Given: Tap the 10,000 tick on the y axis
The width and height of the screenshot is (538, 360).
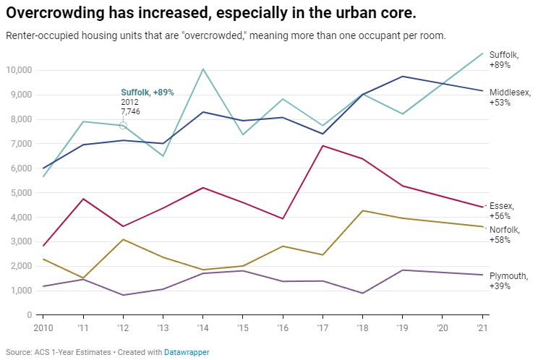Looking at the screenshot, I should (x=20, y=70).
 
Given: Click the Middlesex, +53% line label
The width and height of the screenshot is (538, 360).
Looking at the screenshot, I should (x=511, y=98).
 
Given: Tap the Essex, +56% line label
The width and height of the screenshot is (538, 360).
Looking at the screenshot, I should (x=503, y=210).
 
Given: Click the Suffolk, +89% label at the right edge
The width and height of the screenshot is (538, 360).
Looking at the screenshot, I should (x=504, y=59).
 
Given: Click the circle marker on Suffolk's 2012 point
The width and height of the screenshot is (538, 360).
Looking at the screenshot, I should (x=123, y=126).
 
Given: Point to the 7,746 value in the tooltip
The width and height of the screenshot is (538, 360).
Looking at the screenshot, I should (x=131, y=112).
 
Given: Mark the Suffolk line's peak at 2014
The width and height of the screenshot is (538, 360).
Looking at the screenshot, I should (x=203, y=69).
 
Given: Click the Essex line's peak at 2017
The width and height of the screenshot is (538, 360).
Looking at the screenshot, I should (x=323, y=146).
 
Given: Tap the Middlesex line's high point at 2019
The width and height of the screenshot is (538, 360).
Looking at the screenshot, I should (x=403, y=77).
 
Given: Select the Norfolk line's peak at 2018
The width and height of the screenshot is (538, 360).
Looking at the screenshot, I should (x=362, y=210).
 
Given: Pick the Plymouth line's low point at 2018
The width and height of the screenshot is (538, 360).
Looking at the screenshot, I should (x=362, y=293).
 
